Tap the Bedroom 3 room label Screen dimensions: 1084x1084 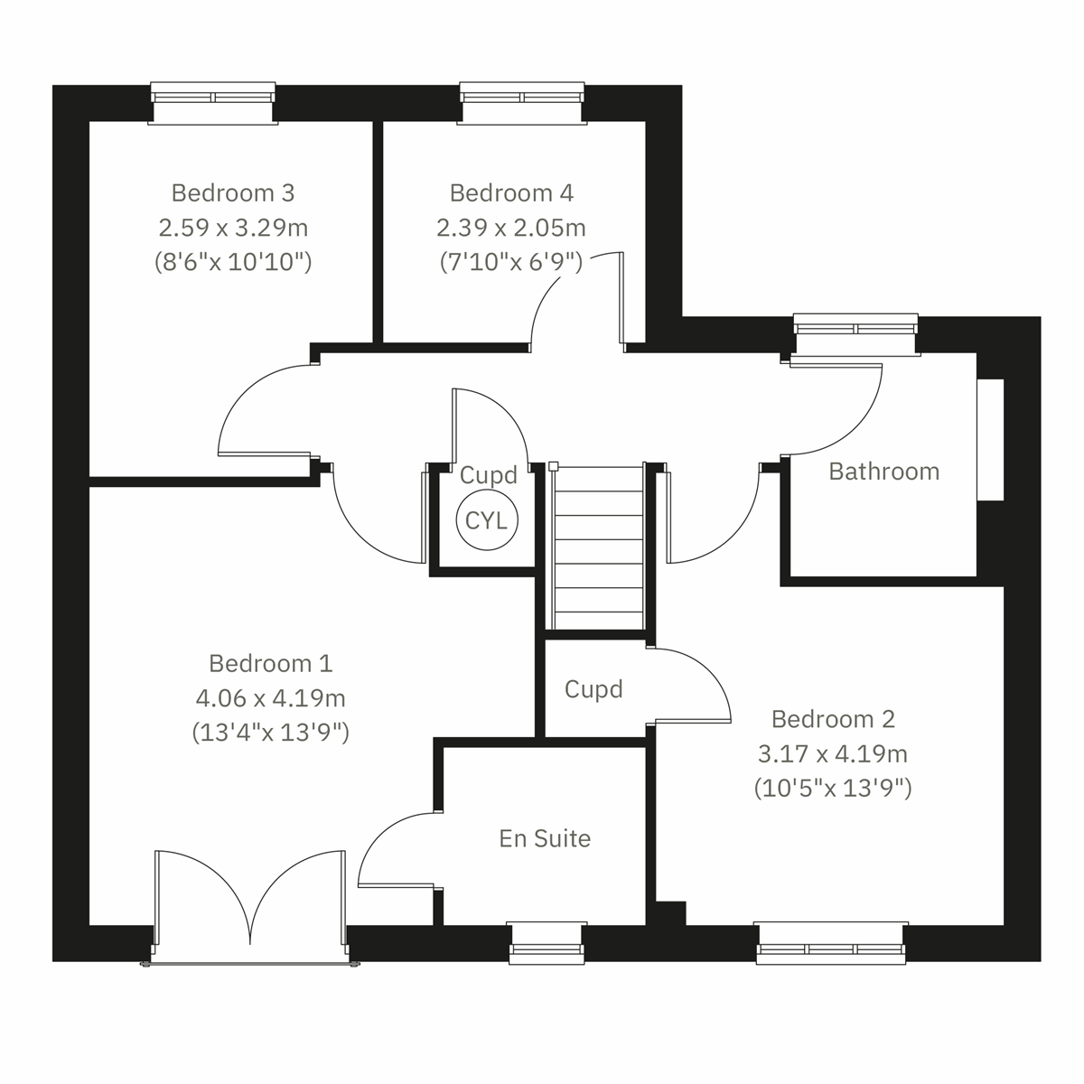tap(233, 192)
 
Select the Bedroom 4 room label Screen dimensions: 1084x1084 tap(511, 192)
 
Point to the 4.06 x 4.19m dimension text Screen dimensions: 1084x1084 tap(271, 697)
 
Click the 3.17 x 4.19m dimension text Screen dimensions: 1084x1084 tap(833, 753)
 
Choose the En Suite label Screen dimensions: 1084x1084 tap(545, 838)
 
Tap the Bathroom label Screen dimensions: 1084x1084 tap(883, 472)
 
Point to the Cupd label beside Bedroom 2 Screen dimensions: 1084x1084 tap(593, 689)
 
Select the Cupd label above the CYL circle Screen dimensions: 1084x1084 tap(489, 475)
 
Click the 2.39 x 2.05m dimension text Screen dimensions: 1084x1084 tap(511, 227)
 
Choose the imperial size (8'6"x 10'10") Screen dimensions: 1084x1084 tap(233, 262)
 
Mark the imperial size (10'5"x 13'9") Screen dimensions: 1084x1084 tap(833, 788)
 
